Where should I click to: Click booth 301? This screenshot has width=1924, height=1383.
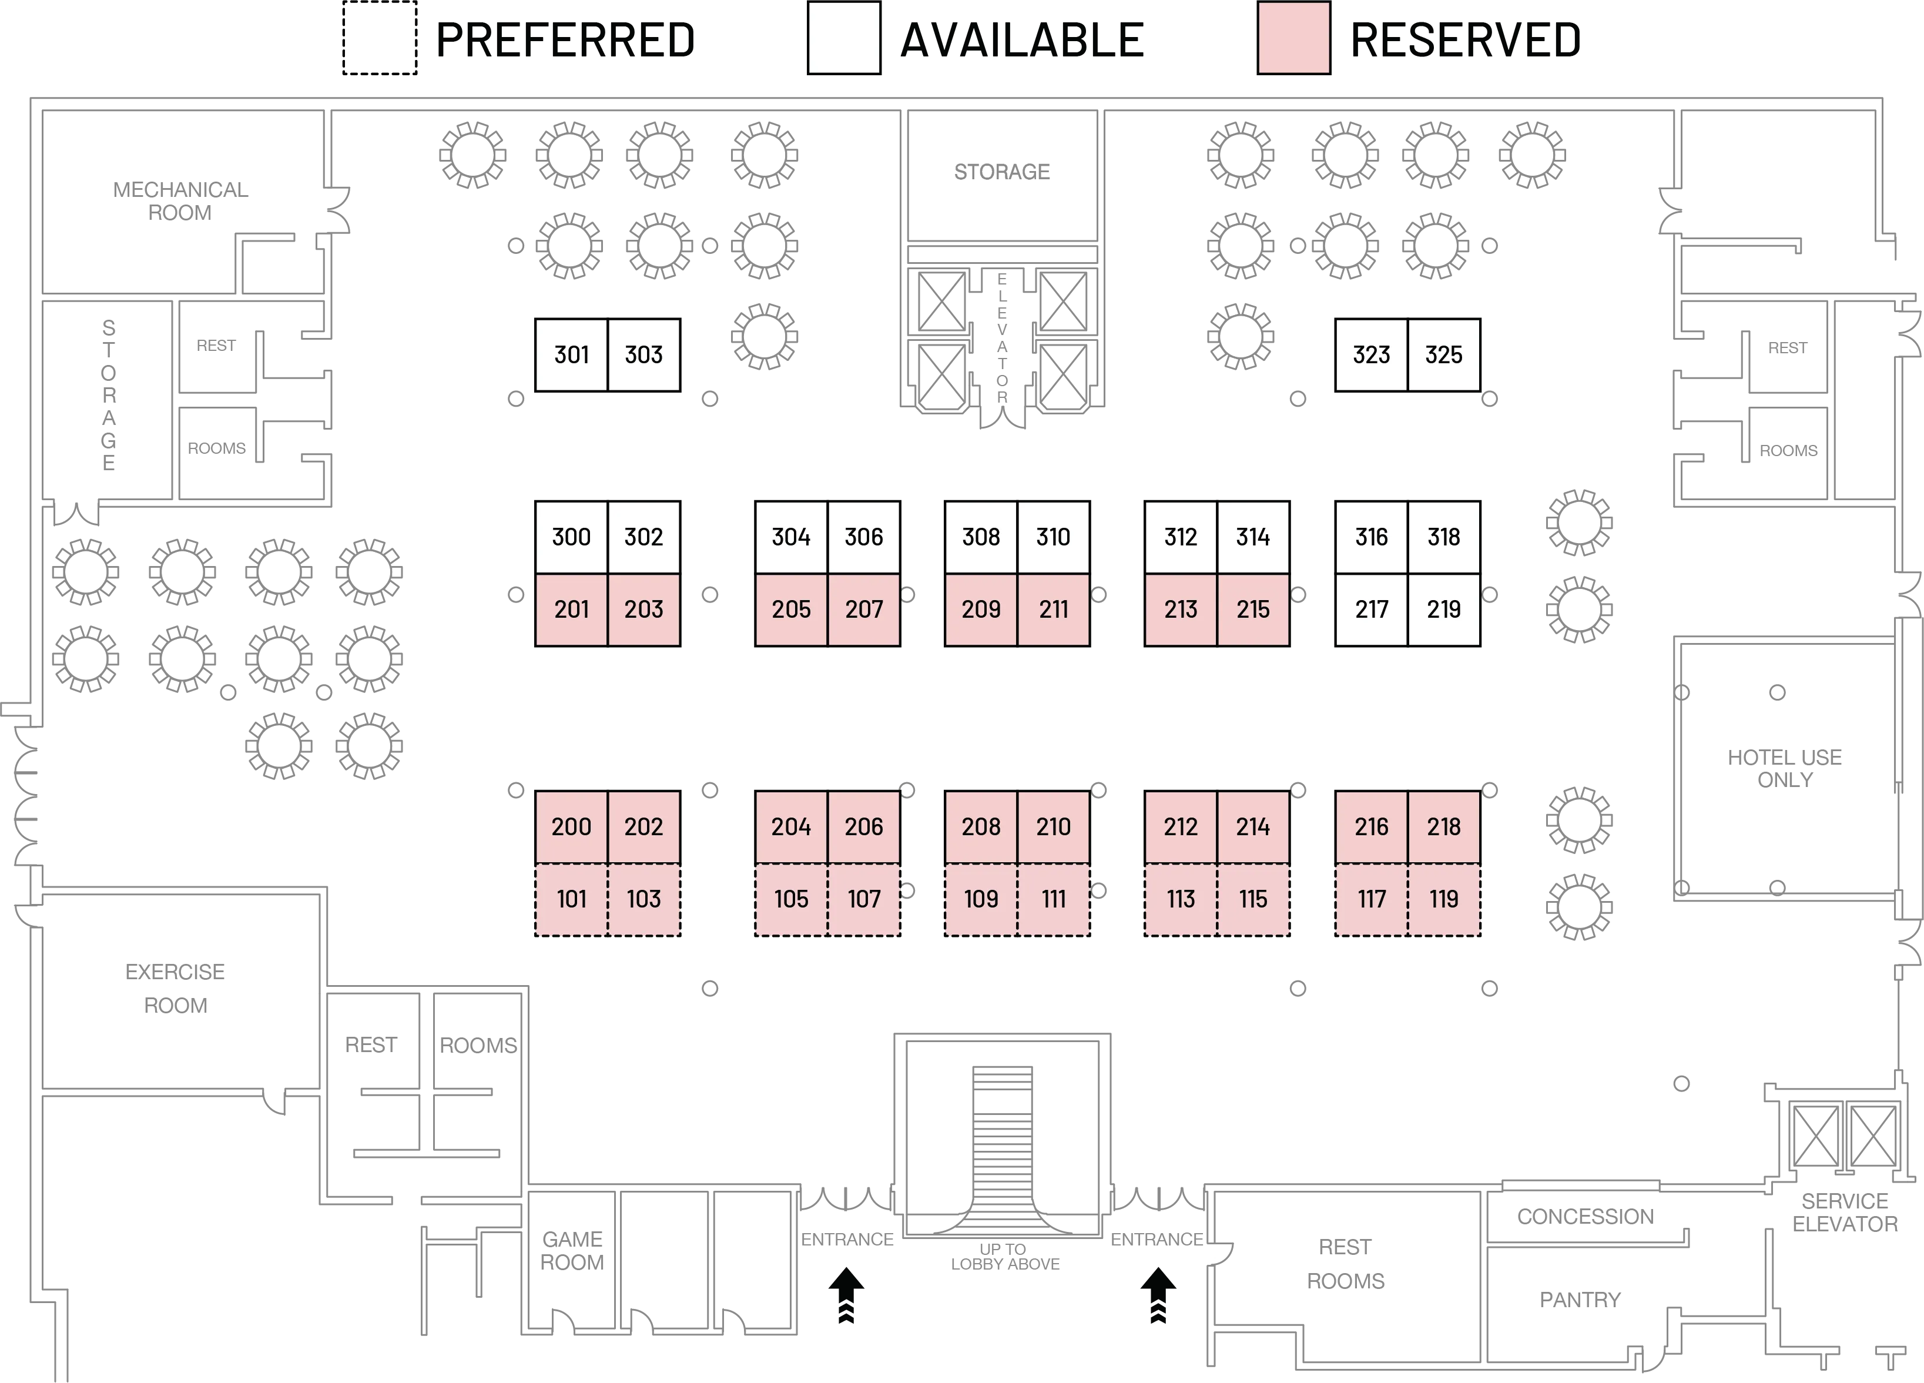571,354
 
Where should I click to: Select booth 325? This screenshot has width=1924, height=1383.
1444,354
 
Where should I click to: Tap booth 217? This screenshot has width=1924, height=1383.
1371,609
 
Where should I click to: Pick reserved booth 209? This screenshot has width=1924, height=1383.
981,609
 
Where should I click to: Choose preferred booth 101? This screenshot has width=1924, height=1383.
571,899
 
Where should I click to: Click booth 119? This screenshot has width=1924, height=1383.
1444,899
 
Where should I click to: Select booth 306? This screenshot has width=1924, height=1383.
864,537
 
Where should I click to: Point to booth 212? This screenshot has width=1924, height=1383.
1180,826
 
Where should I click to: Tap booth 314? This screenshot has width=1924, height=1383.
1253,537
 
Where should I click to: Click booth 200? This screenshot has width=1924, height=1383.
571,826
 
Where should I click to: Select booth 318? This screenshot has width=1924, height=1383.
1444,537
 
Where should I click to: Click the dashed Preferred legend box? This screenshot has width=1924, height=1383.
378,38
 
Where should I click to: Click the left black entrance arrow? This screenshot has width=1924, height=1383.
846,1295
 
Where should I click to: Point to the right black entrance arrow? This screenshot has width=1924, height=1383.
1158,1295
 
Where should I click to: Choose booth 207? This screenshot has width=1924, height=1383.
864,609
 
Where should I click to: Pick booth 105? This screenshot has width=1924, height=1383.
790,899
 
